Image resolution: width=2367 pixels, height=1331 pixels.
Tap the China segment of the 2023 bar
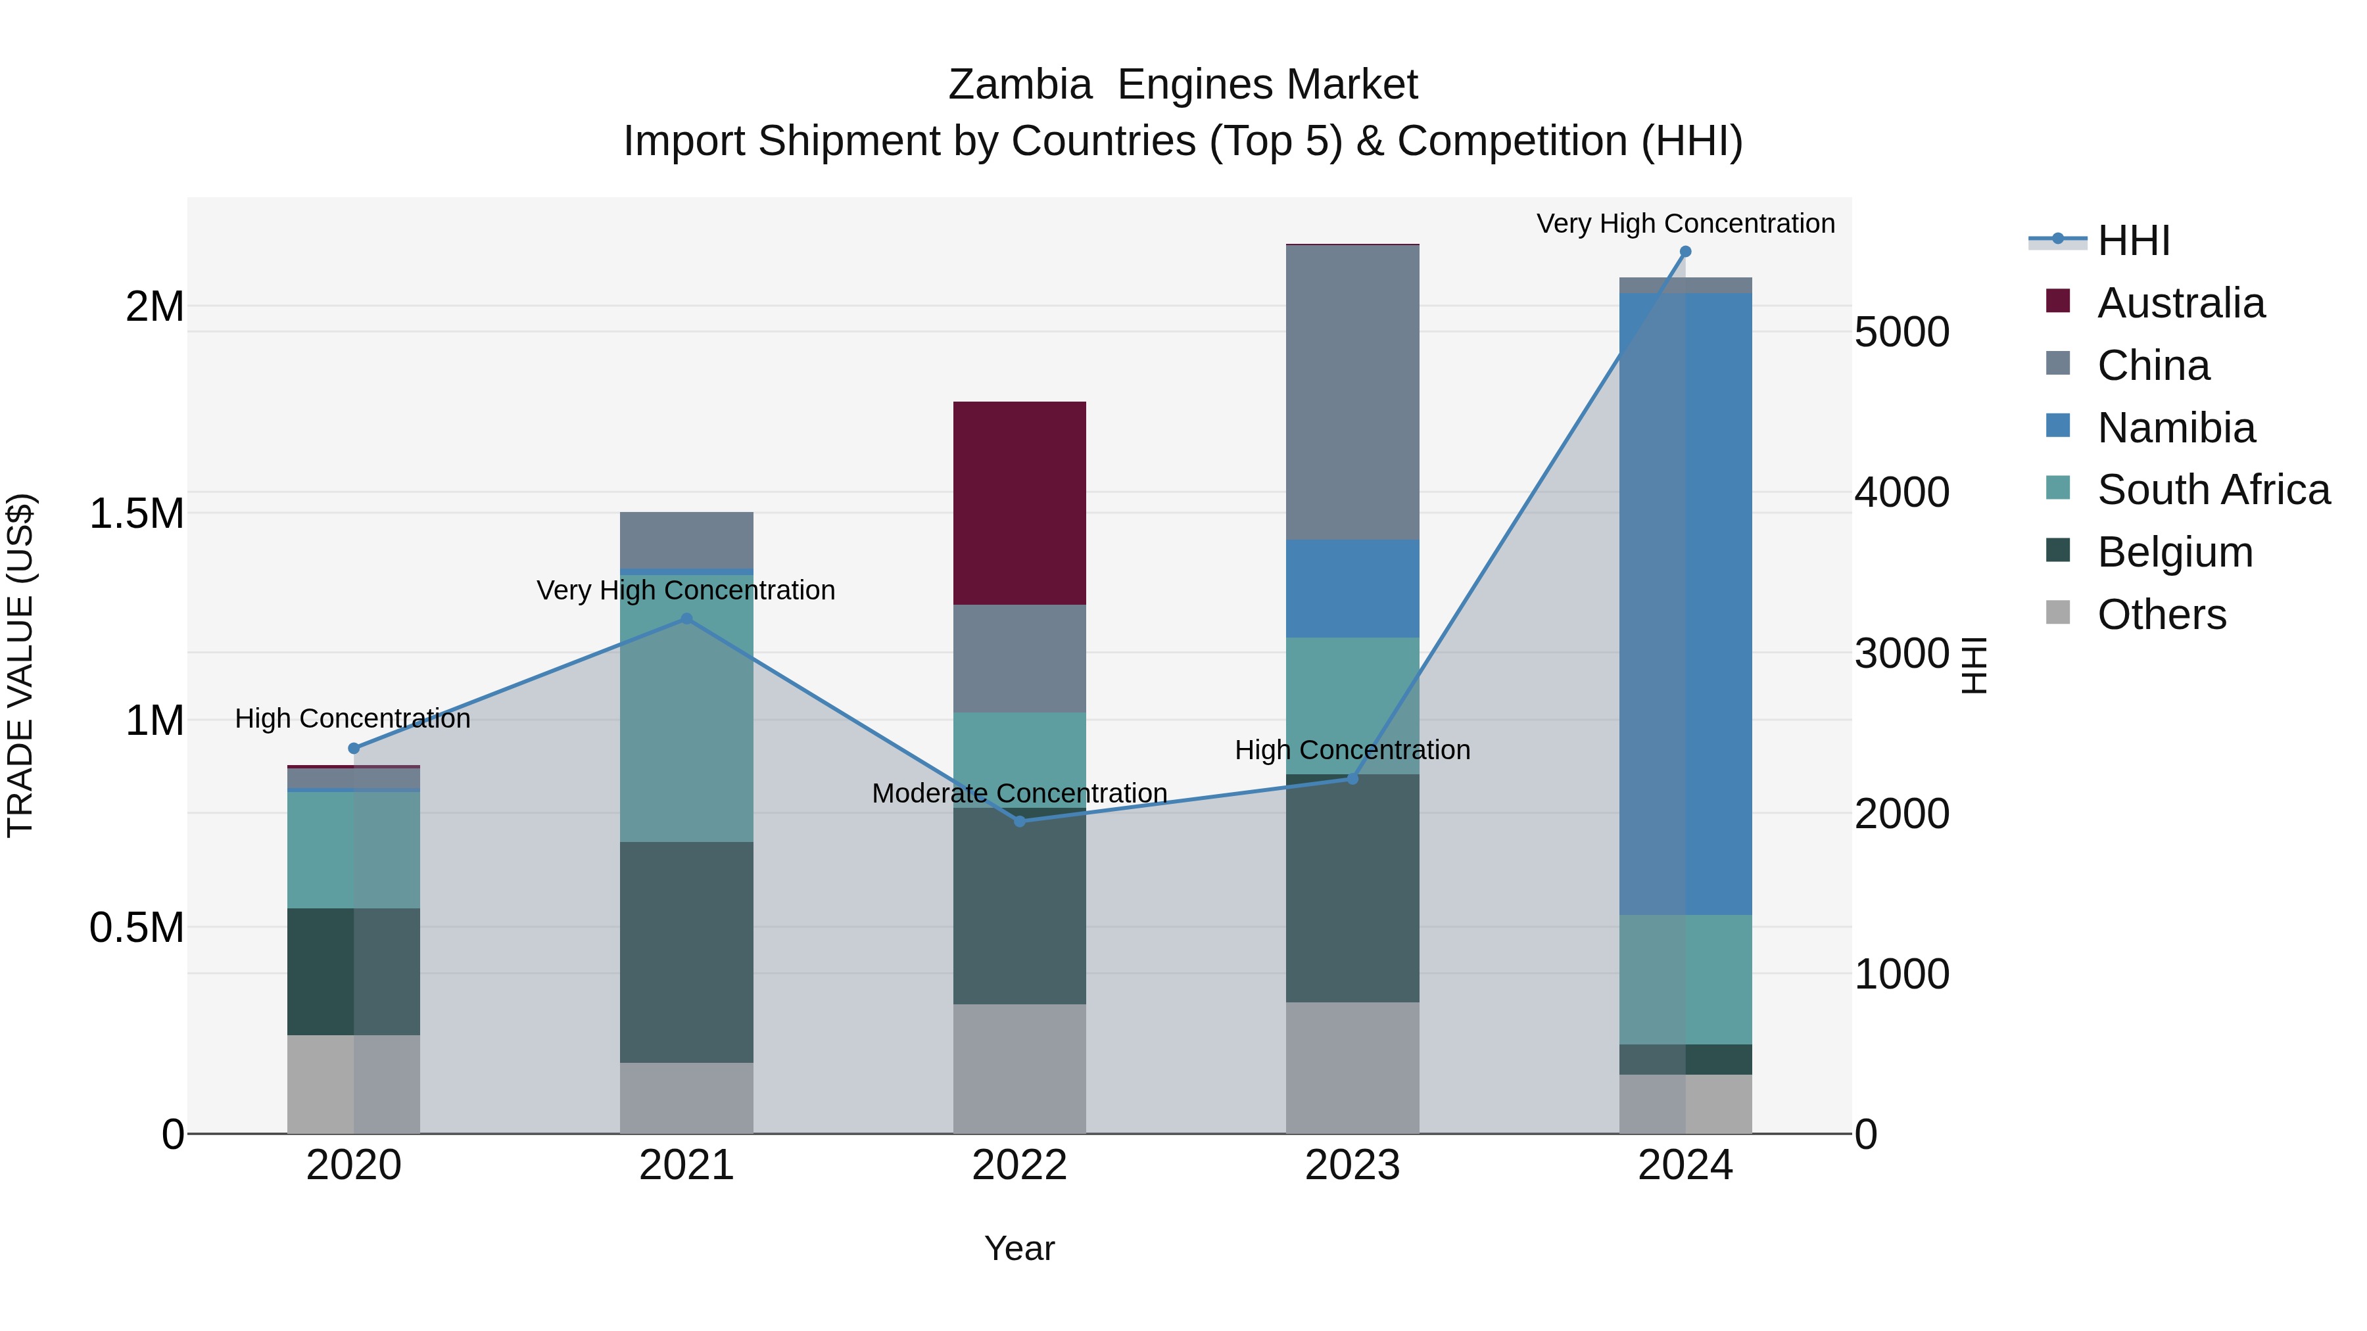(1352, 392)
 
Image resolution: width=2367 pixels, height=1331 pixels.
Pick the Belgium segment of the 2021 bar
(686, 952)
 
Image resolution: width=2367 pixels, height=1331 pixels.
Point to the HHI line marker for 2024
(1685, 252)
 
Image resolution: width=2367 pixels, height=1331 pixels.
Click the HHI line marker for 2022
(1019, 820)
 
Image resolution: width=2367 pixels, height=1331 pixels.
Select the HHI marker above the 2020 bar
(354, 748)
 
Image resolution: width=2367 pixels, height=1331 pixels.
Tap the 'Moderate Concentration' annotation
(1019, 793)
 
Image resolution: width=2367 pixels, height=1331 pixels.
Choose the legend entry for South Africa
(2212, 490)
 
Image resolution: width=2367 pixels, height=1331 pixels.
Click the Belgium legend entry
(2174, 552)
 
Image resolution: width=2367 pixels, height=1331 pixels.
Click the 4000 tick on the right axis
(1901, 492)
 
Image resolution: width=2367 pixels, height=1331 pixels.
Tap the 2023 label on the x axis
(1352, 1165)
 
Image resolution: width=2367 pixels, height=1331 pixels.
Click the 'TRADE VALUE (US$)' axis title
(20, 665)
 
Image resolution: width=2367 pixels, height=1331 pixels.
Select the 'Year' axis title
(1019, 1248)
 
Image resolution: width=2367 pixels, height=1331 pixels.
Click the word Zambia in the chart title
(1019, 85)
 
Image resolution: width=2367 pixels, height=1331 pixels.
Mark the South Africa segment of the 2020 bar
(354, 850)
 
